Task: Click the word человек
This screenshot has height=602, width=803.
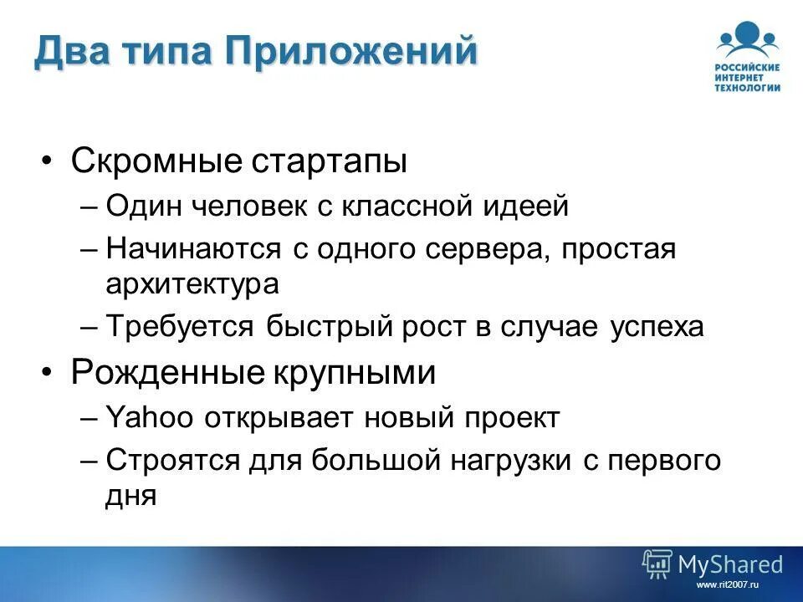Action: (x=251, y=206)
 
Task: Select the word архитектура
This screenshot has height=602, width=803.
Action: (x=192, y=284)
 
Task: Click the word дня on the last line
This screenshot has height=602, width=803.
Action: (x=131, y=497)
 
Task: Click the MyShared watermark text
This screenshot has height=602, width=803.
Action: (x=729, y=564)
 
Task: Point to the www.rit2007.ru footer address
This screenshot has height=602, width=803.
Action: (x=726, y=585)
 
